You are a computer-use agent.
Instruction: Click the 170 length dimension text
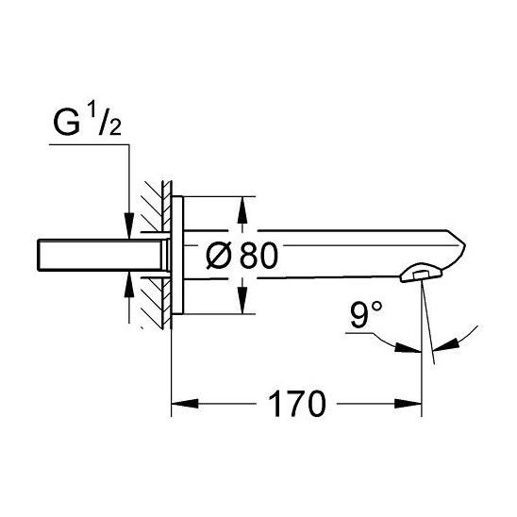coord(297,404)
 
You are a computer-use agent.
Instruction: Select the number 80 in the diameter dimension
coord(258,256)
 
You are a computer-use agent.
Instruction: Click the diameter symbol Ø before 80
coord(219,256)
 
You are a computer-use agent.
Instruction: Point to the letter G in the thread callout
coord(67,123)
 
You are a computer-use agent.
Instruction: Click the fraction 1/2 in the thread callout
coord(106,123)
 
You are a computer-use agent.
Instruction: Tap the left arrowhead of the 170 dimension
coord(185,403)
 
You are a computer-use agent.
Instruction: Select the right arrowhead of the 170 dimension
coord(408,403)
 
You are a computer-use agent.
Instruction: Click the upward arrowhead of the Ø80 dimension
coord(242,210)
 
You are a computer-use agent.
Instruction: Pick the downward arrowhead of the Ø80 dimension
coord(242,300)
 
